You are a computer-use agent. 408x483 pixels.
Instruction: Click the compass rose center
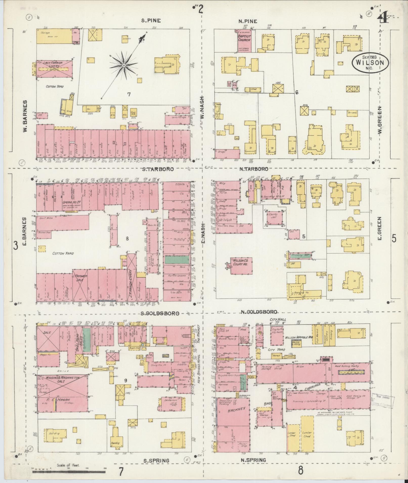124,65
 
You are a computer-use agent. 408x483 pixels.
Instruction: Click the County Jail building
275,217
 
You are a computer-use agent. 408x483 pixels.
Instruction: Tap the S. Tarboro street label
158,169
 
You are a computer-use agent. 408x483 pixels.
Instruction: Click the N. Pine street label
248,21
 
